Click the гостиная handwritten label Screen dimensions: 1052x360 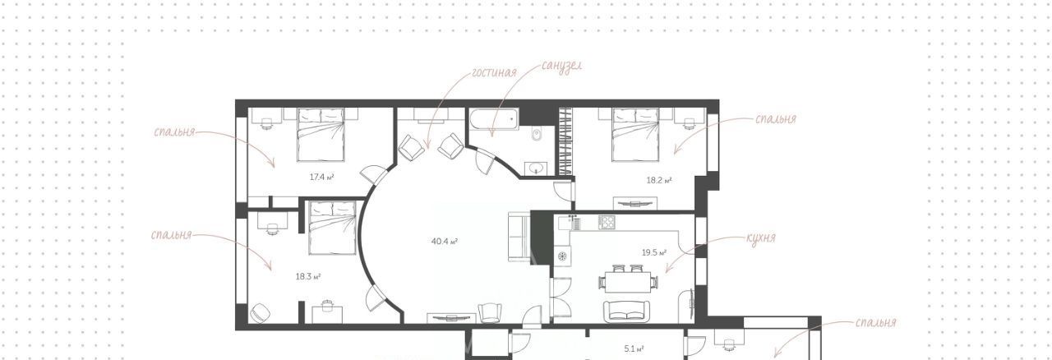(x=494, y=72)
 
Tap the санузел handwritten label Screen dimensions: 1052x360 (x=561, y=65)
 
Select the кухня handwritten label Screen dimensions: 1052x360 (x=761, y=238)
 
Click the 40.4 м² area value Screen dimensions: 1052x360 (x=445, y=242)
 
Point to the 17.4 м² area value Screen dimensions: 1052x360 (x=321, y=178)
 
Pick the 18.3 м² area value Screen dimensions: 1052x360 (x=308, y=276)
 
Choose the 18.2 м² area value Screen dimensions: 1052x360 (x=659, y=180)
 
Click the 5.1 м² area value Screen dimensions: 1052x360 (x=634, y=348)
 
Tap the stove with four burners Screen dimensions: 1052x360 (x=607, y=222)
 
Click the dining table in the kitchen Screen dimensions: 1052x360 (x=628, y=283)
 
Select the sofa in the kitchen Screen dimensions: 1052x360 (x=627, y=312)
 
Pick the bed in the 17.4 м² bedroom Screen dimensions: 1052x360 (x=321, y=135)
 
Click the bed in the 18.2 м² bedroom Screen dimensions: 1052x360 (x=636, y=135)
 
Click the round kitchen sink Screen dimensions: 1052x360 (x=561, y=256)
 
